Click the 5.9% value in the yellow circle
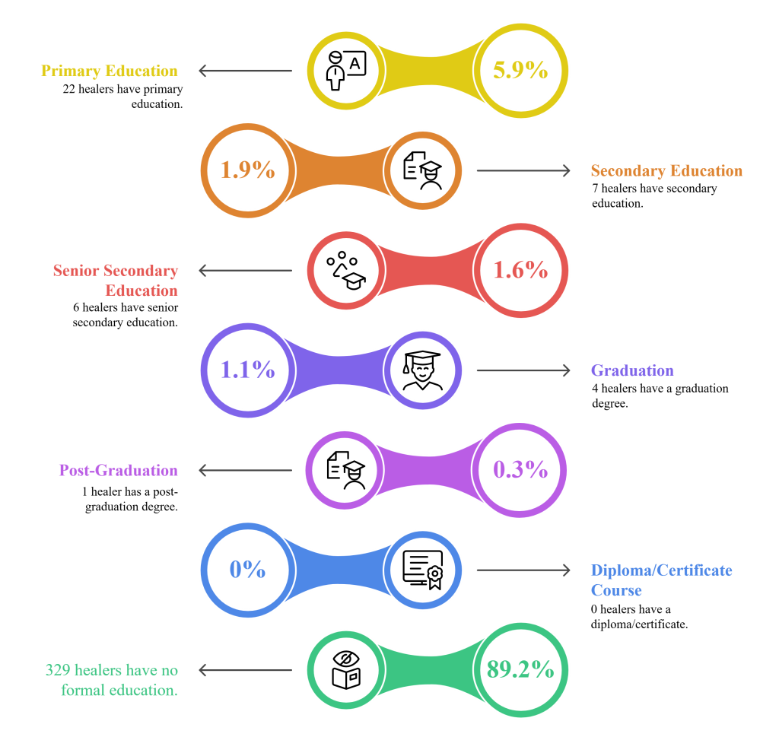coord(520,70)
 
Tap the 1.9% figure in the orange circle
coord(247,170)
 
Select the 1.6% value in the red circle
coord(520,270)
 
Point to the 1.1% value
coord(247,370)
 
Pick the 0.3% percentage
coord(520,470)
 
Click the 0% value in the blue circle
coord(247,570)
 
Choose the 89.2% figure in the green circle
coord(520,669)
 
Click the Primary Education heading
coord(110,71)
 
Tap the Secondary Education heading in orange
coord(666,171)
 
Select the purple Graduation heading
coord(632,370)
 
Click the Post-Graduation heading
coord(118,470)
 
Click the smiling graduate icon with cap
coord(422,370)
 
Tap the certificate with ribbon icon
coord(423,570)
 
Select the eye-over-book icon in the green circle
coord(346,670)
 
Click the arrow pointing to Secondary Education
coord(523,170)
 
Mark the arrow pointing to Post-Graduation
coord(246,470)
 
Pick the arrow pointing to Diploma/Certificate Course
coord(523,570)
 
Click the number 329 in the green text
coord(58,671)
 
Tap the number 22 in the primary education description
coord(69,90)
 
